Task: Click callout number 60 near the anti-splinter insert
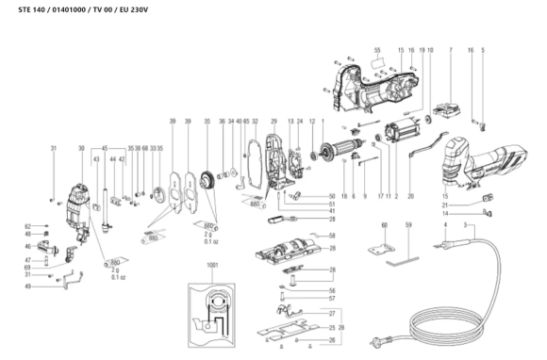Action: (x=384, y=226)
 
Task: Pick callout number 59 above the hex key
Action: (x=408, y=226)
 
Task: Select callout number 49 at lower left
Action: (x=29, y=286)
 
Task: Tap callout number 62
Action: (x=28, y=227)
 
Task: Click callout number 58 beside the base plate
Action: (x=331, y=235)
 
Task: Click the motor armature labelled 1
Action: (x=348, y=151)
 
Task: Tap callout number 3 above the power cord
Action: (x=464, y=226)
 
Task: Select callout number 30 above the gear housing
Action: (x=82, y=148)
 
